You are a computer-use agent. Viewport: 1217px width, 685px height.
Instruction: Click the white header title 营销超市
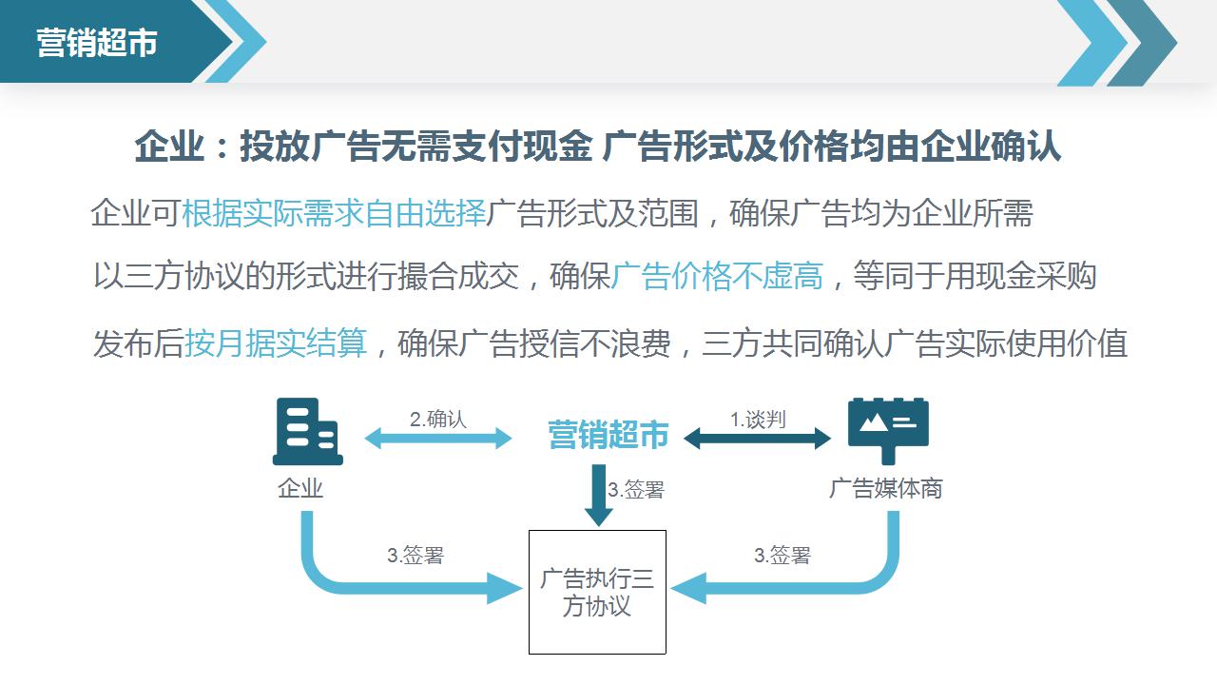point(97,43)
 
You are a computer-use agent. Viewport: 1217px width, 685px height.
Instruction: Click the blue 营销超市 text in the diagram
point(608,435)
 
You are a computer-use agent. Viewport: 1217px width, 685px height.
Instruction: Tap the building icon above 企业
point(307,431)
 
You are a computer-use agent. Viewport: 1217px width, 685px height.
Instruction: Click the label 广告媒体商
point(885,488)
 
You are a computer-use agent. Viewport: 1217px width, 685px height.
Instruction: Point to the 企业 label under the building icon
point(300,488)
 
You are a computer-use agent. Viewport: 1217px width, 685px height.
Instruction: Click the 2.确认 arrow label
point(438,420)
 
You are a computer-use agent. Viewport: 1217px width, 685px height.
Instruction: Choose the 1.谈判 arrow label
point(758,420)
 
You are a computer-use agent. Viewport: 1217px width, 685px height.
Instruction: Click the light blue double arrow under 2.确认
point(438,439)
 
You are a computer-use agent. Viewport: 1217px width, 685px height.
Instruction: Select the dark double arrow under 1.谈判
point(758,439)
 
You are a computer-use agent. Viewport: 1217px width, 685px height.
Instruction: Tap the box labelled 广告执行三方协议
point(597,592)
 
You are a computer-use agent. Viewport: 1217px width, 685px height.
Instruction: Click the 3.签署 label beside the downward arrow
point(636,490)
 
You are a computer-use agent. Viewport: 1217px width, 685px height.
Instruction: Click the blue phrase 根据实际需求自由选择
point(334,212)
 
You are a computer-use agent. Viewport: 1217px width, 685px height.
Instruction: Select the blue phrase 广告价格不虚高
point(717,276)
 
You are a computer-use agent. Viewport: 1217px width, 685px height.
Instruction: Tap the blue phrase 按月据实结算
point(276,343)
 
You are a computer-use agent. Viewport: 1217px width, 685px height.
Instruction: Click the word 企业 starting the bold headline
point(169,147)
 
